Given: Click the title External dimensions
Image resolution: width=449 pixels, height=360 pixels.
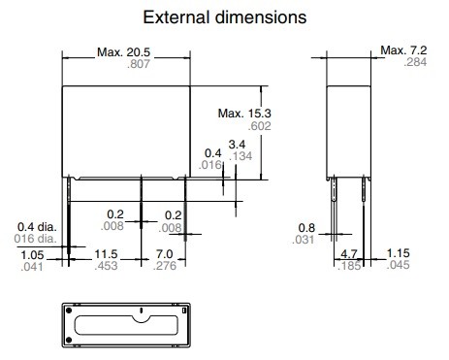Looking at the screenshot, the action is pos(225,17).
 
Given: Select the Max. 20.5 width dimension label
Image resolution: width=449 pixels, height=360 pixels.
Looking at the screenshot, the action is pos(123,52).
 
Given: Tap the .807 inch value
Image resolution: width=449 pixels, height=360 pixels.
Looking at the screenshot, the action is pos(139,64).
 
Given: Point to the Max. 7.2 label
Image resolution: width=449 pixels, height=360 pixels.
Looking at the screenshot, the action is pos(403,50).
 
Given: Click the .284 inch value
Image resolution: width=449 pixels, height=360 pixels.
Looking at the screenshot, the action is pos(415,62).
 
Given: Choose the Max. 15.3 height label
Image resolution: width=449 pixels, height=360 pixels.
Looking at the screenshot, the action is pos(244,114).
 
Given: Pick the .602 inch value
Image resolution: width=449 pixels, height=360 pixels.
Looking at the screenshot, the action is pos(259,126).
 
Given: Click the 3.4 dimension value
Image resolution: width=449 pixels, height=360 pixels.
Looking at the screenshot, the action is pos(237,145).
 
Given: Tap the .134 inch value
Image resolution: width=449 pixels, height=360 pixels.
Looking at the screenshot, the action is pos(241,156).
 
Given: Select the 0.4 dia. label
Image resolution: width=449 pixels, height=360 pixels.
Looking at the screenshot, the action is pos(37,227).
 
